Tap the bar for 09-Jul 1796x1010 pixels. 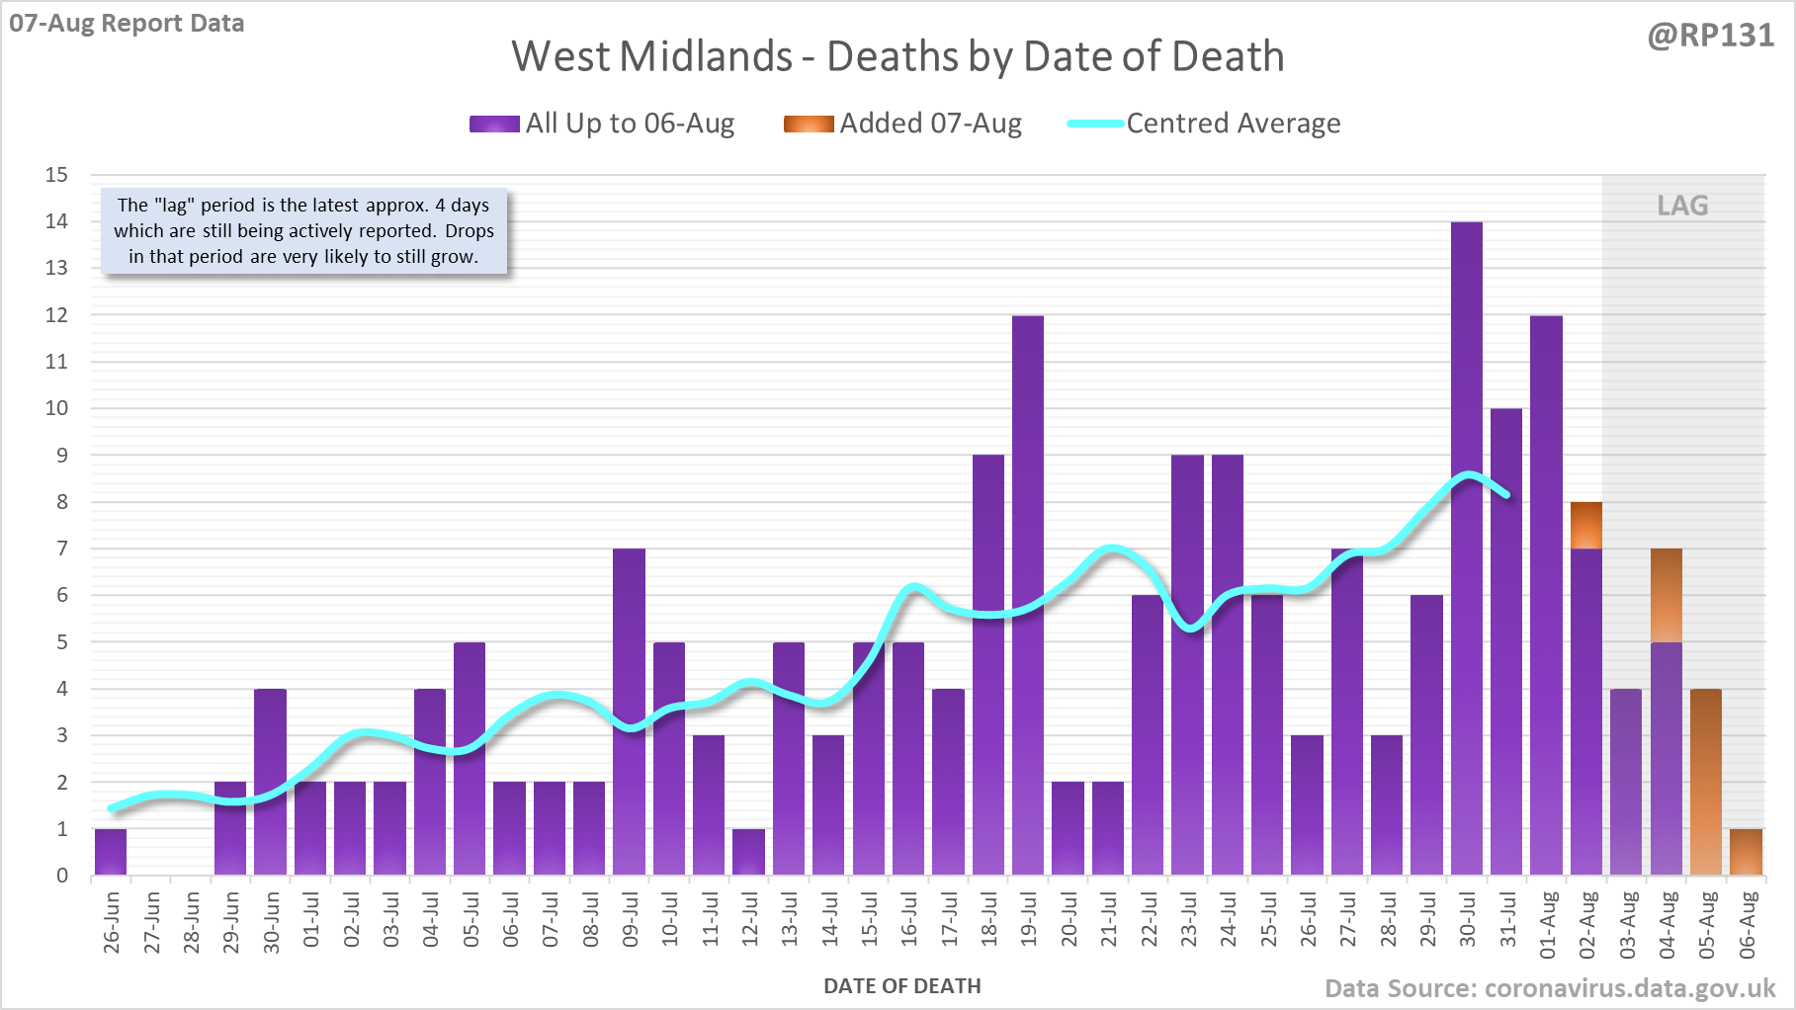pos(629,712)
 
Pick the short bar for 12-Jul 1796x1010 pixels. pos(748,852)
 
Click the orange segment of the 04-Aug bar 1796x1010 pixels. pos(1667,595)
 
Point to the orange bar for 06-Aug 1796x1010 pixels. pos(1746,852)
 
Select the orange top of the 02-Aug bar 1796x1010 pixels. pos(1586,525)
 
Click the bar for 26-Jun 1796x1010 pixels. pos(111,852)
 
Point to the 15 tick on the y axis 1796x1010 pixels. pos(56,175)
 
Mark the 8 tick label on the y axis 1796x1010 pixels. pos(62,502)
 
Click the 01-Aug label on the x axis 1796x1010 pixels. pos(1548,925)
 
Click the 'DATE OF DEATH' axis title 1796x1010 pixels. pos(901,986)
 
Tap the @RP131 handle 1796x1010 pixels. pos(1710,36)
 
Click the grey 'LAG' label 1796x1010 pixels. pos(1682,206)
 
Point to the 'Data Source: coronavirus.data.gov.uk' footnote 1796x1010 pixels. pos(1550,988)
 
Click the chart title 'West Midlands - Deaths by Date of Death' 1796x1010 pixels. pos(898,56)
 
